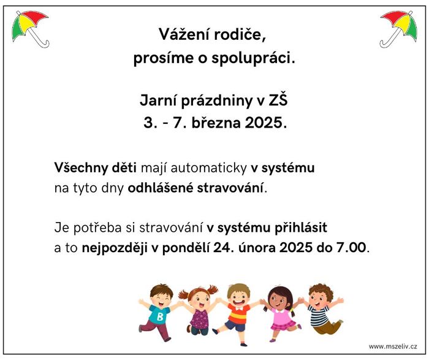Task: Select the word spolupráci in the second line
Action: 253,58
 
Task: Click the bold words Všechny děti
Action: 95,167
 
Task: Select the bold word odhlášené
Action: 161,188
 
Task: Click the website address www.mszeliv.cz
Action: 393,347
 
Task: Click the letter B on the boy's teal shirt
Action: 160,316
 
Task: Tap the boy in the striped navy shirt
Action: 323,309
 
